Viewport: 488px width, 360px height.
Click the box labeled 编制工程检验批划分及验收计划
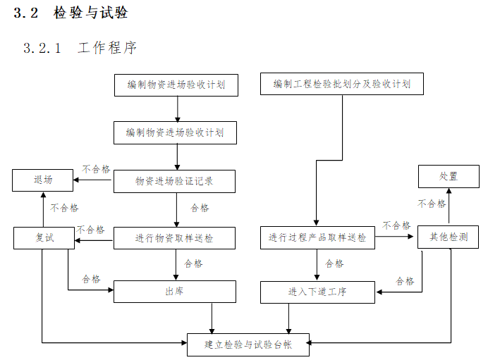pyautogui.click(x=341, y=85)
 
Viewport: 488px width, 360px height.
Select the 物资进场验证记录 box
pyautogui.click(x=175, y=181)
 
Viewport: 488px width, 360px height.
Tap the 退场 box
pyautogui.click(x=43, y=180)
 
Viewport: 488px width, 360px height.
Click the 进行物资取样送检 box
pyautogui.click(x=175, y=238)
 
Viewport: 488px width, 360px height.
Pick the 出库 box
pyautogui.click(x=175, y=291)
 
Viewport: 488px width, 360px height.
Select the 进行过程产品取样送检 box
pyautogui.click(x=317, y=238)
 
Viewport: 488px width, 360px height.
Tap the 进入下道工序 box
pyautogui.click(x=317, y=291)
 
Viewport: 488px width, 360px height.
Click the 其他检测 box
pyautogui.click(x=449, y=237)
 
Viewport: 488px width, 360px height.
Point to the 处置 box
pyautogui.click(x=449, y=176)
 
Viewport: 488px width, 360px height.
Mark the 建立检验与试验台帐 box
pyautogui.click(x=248, y=345)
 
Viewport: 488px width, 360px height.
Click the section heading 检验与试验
pyautogui.click(x=90, y=13)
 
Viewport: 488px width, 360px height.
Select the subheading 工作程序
pyautogui.click(x=107, y=48)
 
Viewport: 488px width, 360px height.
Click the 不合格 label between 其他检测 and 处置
pyautogui.click(x=432, y=204)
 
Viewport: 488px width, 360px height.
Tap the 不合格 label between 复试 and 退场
pyautogui.click(x=64, y=208)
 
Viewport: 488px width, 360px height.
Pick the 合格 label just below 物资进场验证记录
pyautogui.click(x=200, y=208)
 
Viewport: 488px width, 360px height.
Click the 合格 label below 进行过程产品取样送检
pyautogui.click(x=334, y=263)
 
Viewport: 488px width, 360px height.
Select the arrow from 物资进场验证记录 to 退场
pyautogui.click(x=94, y=181)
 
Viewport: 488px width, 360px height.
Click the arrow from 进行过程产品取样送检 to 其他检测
pyautogui.click(x=396, y=237)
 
